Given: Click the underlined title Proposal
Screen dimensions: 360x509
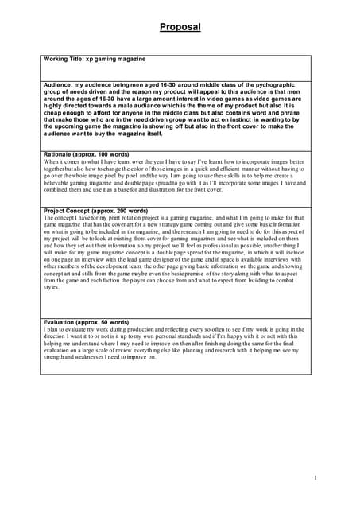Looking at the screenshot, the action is (180, 27).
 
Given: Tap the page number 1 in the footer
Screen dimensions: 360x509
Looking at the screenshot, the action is (315, 478).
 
